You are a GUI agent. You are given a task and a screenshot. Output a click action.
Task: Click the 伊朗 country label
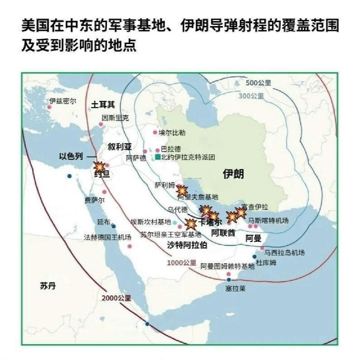click(x=233, y=174)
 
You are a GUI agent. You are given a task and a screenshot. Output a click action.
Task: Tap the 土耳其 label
click(x=103, y=105)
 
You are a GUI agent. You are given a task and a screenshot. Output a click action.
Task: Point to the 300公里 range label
click(x=251, y=96)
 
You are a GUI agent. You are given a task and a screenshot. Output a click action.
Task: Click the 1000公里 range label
click(x=182, y=263)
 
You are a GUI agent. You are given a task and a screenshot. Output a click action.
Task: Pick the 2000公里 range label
click(x=116, y=298)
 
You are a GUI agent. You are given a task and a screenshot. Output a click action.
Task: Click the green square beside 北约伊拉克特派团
click(x=157, y=157)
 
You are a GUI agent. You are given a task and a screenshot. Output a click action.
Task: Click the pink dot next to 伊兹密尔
click(x=49, y=107)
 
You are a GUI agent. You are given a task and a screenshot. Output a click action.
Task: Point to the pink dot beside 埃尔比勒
click(x=155, y=133)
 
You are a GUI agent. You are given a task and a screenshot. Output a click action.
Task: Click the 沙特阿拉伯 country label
click(x=187, y=245)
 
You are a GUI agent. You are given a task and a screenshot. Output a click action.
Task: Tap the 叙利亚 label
click(x=119, y=147)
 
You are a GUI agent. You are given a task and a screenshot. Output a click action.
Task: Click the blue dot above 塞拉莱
click(x=229, y=280)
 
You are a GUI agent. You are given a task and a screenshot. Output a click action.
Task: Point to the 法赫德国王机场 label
click(x=107, y=237)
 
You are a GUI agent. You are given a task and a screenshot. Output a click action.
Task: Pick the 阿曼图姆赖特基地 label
click(x=227, y=267)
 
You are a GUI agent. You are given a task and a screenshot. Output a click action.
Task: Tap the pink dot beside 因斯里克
click(x=101, y=124)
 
